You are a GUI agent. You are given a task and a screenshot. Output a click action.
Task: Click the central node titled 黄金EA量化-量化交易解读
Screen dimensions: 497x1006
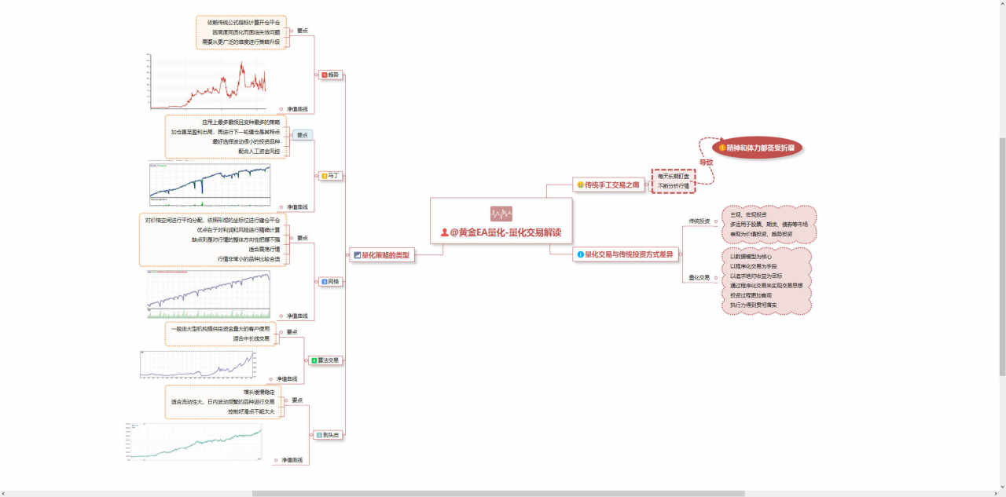[506, 232]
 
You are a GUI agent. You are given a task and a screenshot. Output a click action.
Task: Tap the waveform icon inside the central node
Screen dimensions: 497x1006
[501, 214]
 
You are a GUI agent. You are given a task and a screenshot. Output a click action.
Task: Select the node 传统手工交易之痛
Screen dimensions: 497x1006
[608, 185]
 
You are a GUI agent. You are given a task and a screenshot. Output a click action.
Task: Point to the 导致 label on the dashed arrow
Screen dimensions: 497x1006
[707, 162]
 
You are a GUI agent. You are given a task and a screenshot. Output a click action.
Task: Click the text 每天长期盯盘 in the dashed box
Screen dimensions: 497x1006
[674, 177]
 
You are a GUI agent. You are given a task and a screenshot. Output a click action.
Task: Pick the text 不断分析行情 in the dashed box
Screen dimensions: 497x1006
[674, 186]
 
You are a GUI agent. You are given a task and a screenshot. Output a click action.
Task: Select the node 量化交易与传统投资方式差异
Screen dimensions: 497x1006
[627, 254]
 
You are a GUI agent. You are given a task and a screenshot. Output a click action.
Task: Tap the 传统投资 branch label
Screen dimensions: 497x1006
[699, 221]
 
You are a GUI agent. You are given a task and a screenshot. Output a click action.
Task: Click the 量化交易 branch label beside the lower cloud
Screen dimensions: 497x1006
[699, 277]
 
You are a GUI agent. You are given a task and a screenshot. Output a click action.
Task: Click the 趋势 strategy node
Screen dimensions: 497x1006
[330, 75]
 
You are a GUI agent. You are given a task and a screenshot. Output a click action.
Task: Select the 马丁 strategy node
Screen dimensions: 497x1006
[330, 176]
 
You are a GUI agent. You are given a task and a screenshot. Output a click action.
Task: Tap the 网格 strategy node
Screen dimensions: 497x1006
[330, 281]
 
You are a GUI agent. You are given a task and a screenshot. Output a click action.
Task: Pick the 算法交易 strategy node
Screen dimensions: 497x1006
[325, 360]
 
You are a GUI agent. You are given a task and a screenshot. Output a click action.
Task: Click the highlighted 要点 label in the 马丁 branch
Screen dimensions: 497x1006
[303, 135]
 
